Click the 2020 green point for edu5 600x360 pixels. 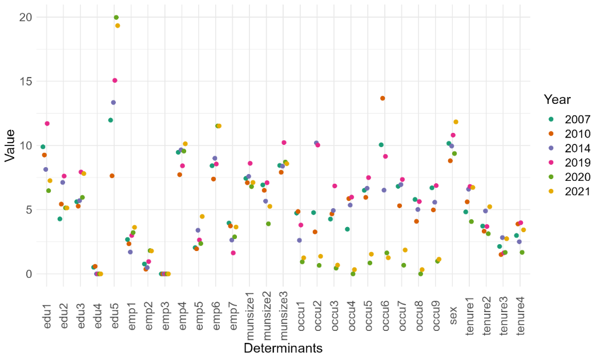coord(116,18)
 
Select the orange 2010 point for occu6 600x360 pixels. coord(382,98)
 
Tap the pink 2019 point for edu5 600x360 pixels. coord(115,80)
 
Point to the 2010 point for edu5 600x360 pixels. coord(112,176)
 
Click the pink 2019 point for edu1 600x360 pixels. coord(47,124)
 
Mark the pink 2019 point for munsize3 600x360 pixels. coord(284,143)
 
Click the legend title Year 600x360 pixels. coord(557,99)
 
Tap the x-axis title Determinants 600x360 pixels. coord(283,348)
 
